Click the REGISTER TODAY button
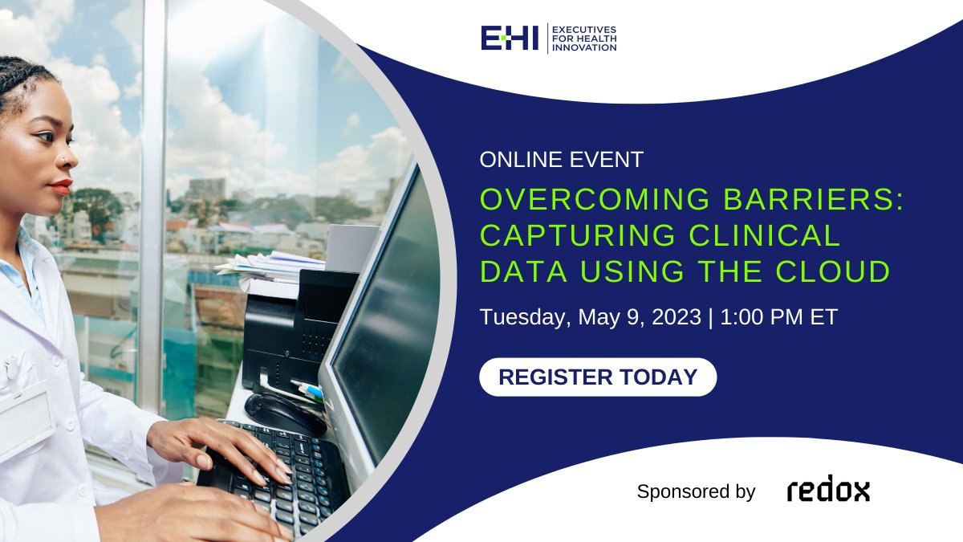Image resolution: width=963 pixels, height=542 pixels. [x=598, y=377]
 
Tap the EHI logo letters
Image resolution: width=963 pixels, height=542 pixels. [x=510, y=38]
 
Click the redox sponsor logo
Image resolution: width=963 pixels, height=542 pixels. [x=828, y=490]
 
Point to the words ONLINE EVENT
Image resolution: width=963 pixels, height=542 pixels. [x=562, y=160]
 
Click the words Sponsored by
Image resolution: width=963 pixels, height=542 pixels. [x=696, y=491]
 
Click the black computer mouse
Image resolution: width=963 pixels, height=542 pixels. [x=283, y=411]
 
